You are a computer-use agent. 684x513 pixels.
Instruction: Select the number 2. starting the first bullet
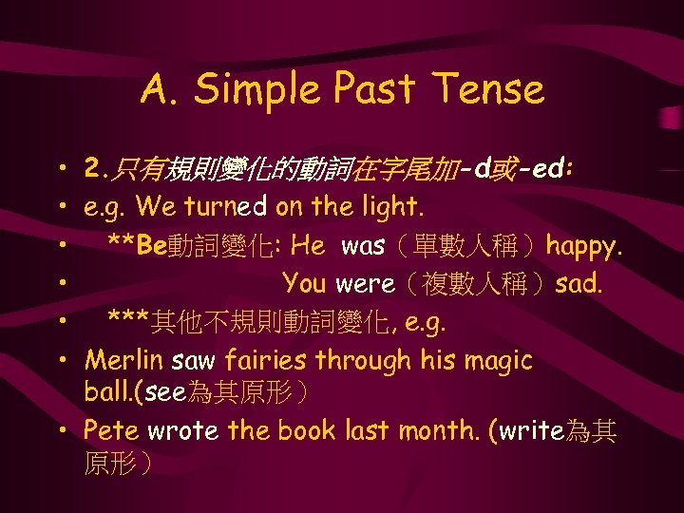pos(95,170)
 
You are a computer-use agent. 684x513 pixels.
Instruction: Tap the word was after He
pos(362,246)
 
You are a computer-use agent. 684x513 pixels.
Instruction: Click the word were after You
pos(365,284)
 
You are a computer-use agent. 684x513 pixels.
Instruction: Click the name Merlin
pos(117,360)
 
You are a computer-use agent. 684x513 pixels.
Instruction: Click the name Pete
pos(106,430)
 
